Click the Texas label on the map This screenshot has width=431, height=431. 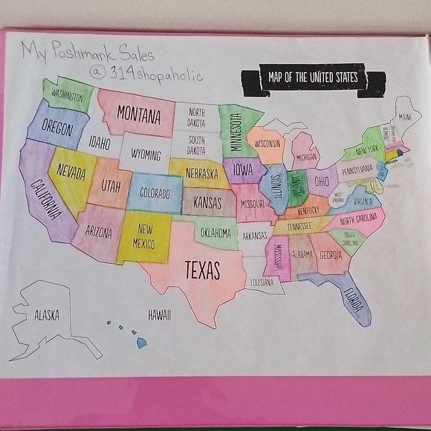pos(201,269)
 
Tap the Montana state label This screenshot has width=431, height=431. pos(139,116)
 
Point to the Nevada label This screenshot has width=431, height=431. pos(71,175)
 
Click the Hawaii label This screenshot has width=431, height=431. pos(159,315)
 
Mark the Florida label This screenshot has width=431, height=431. pos(353,301)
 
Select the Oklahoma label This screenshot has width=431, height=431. pos(215,233)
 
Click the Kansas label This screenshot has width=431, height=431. pos(207,201)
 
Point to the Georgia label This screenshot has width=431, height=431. pos(331,255)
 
